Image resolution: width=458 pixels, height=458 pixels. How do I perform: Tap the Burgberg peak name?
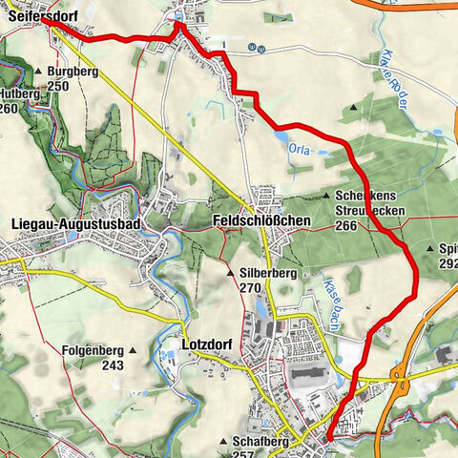72,72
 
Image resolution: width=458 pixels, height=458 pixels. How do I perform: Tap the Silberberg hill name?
267,273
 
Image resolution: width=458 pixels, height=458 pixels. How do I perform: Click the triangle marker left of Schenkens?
324,195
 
